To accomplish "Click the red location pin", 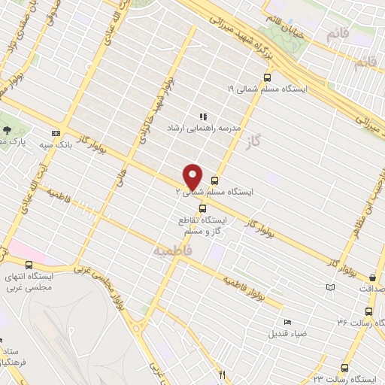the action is [193, 177].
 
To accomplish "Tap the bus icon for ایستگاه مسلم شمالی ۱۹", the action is [267, 77].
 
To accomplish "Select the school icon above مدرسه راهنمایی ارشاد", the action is [202, 117].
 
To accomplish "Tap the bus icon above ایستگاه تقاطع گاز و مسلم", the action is [202, 208].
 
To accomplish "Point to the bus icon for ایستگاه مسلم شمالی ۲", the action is [215, 180].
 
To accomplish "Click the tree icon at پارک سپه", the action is [6, 129].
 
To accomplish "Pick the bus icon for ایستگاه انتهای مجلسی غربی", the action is [29, 265].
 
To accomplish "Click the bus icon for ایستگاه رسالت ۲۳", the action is [344, 368].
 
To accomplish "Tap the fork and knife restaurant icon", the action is [221, 374].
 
